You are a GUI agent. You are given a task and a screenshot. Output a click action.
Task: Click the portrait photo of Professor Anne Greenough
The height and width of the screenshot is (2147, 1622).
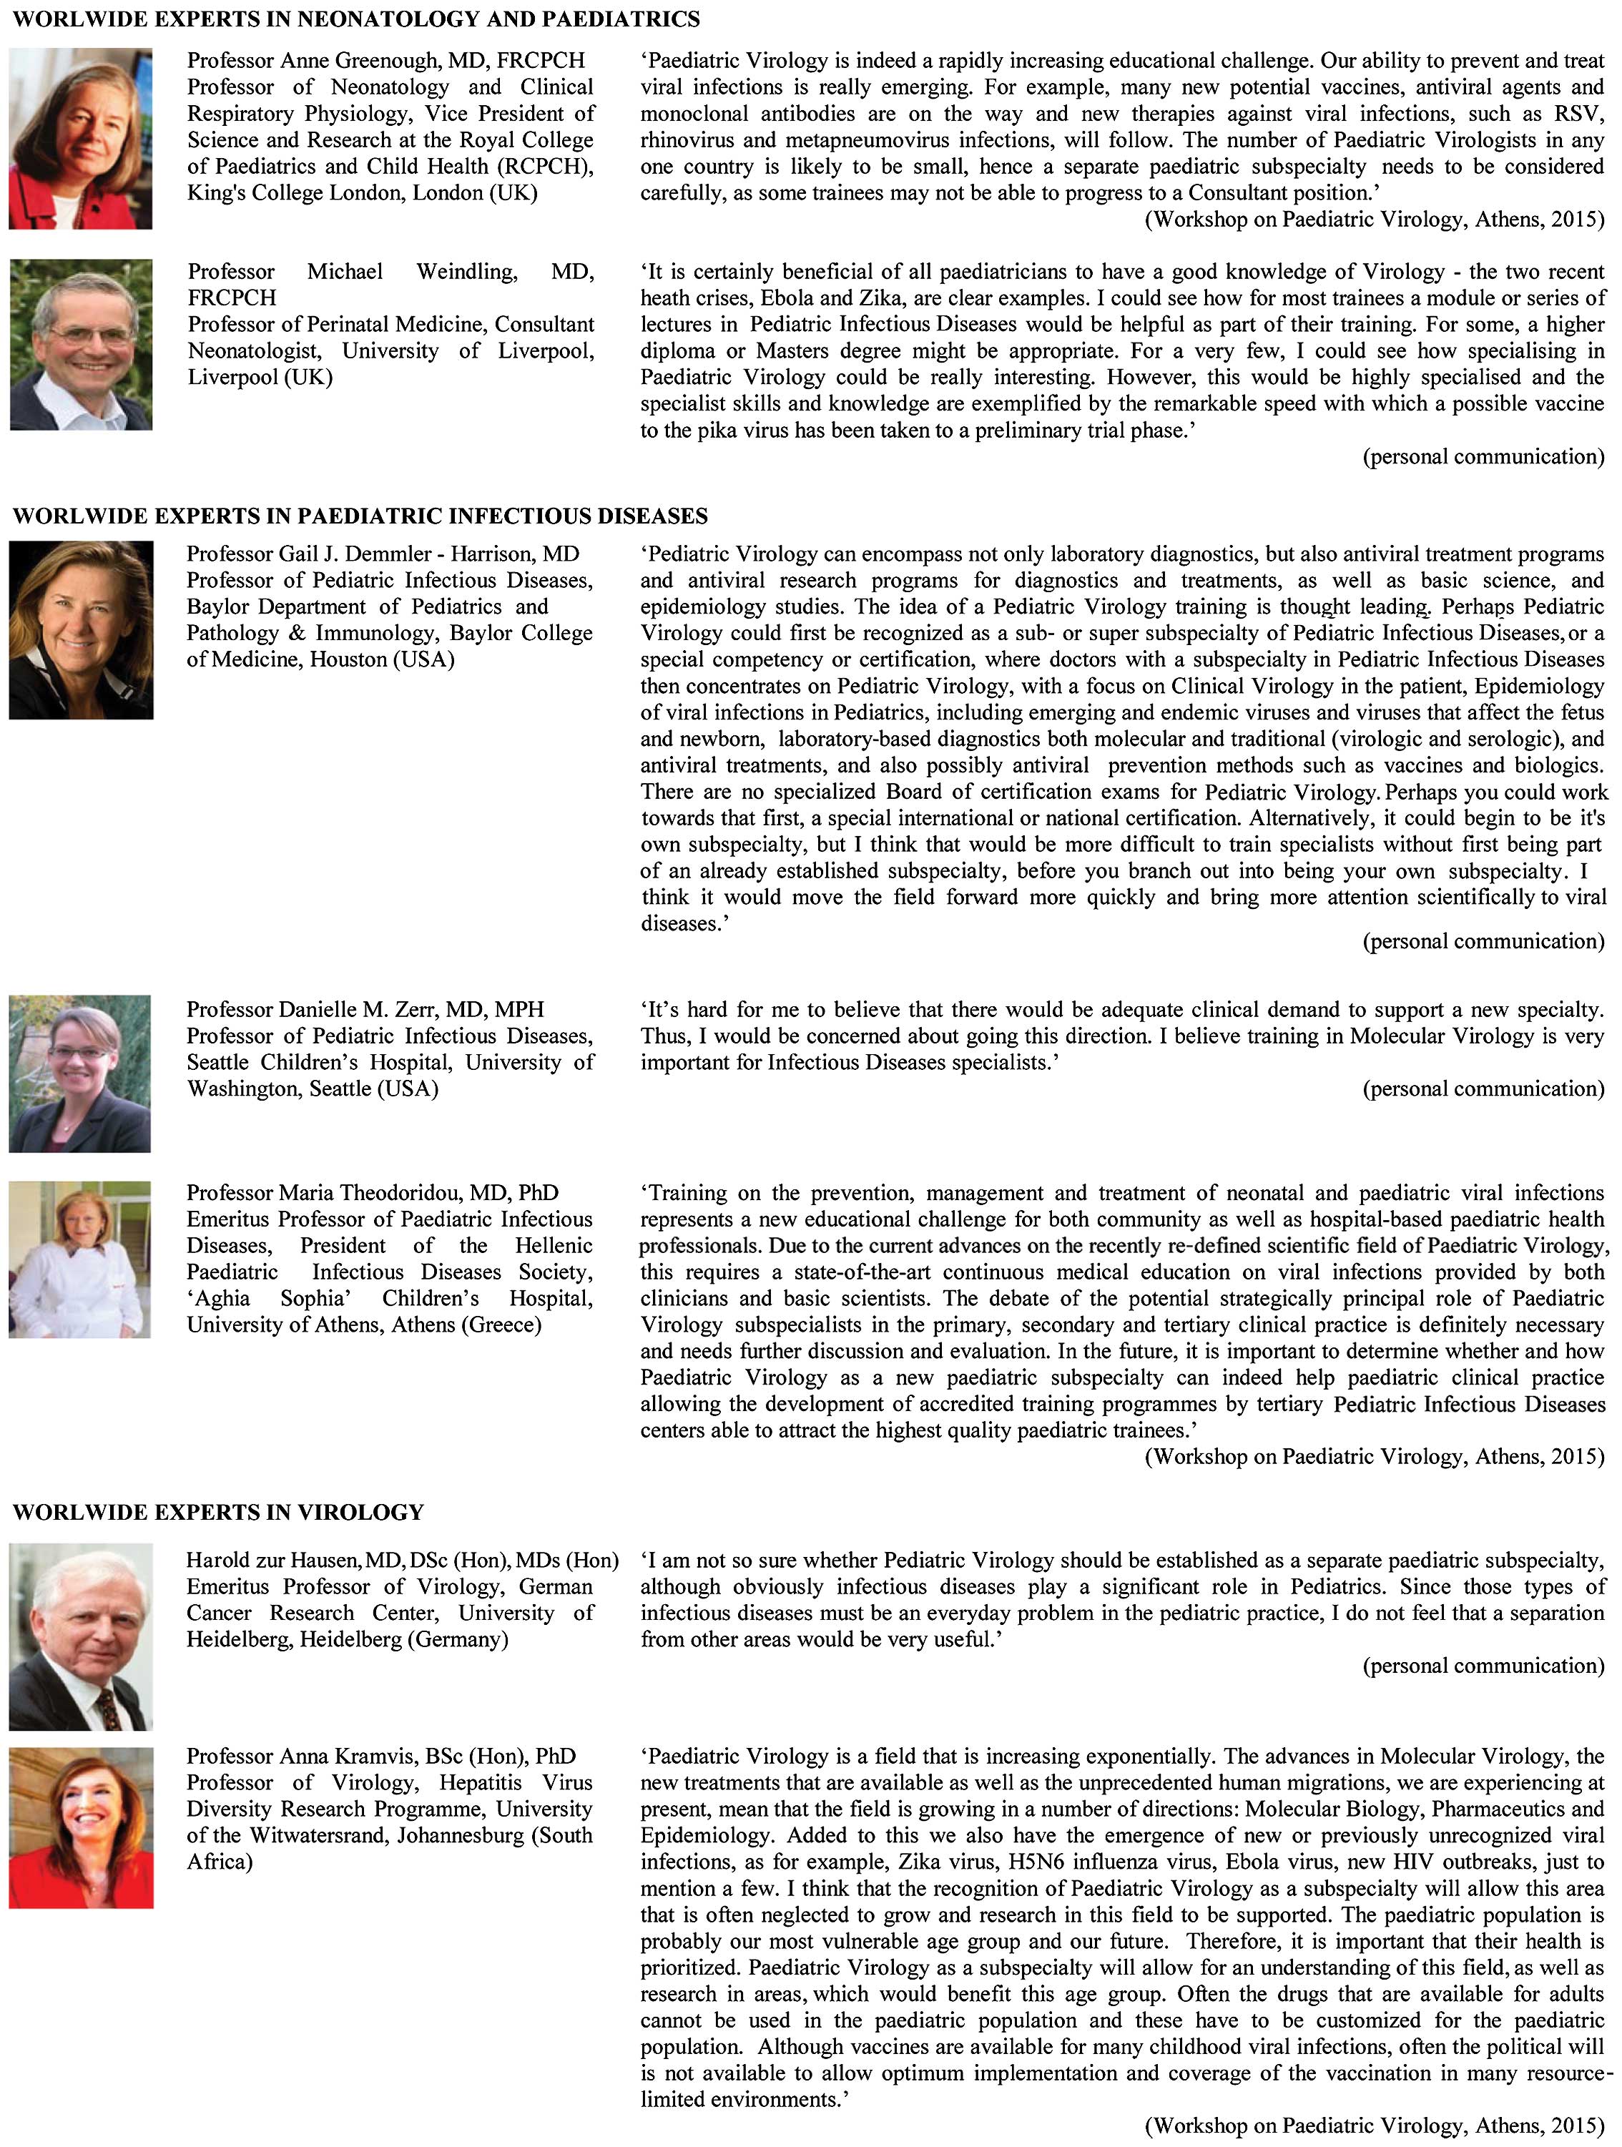point(81,139)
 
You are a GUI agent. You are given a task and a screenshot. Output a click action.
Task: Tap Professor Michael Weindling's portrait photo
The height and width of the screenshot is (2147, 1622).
point(81,345)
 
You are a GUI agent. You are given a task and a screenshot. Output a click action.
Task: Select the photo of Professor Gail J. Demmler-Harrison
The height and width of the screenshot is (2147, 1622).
point(81,630)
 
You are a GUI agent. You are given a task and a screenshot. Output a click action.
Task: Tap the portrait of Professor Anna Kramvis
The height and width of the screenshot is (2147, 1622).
point(81,1828)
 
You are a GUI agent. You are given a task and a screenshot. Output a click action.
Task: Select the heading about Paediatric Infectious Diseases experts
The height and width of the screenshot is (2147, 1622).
point(360,516)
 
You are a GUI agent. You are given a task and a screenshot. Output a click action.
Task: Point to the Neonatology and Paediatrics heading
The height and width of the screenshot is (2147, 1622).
point(356,19)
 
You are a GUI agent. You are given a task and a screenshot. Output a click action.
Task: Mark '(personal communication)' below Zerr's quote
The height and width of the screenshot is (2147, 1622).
point(1483,1089)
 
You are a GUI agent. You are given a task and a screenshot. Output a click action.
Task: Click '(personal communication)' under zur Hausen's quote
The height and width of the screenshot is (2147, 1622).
point(1483,1666)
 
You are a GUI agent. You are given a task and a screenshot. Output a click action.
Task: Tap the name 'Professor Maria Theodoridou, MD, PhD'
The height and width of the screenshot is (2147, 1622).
point(373,1193)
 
